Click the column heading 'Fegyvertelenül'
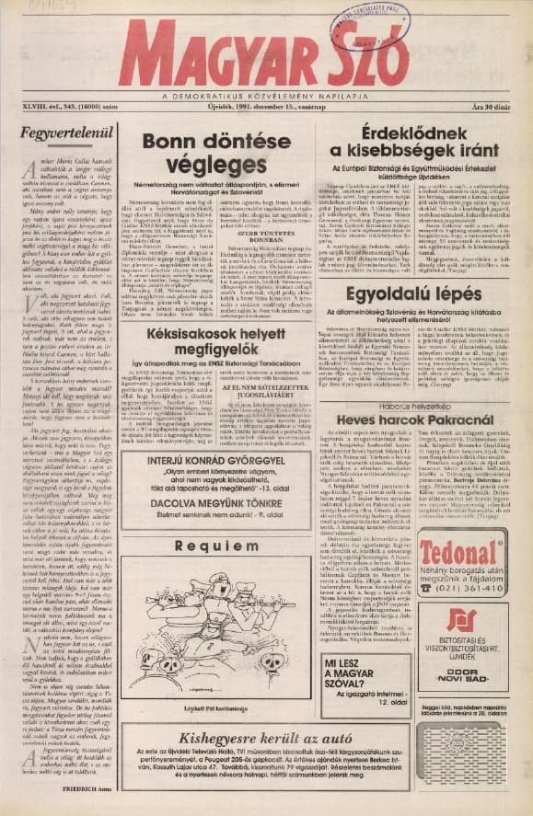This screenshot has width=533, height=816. pos(62,132)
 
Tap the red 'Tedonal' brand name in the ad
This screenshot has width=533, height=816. pos(461,554)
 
